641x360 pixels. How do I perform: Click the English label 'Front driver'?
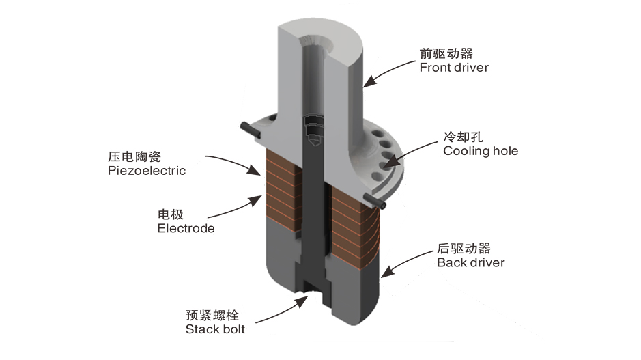tap(454, 67)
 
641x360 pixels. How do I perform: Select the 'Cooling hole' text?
tap(481, 151)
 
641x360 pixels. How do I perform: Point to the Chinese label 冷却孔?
tap(462, 137)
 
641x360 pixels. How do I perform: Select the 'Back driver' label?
tap(470, 262)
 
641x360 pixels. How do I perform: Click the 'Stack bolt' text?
tap(215, 329)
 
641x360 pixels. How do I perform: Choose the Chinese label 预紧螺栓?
tap(211, 315)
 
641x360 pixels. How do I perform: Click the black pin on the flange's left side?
tap(249, 129)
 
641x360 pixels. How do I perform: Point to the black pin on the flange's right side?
tap(375, 200)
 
